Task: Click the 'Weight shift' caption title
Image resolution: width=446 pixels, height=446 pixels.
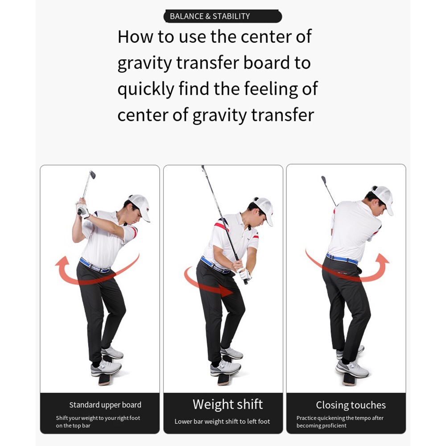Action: (227, 405)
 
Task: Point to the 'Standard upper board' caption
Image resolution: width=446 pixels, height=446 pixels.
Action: (105, 405)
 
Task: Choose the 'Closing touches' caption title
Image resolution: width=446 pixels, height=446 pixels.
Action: (351, 405)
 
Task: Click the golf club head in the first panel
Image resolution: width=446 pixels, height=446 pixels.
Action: (92, 174)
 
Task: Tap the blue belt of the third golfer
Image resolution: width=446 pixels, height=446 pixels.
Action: (341, 259)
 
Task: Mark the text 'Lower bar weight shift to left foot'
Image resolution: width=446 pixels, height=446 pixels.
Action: (222, 421)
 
